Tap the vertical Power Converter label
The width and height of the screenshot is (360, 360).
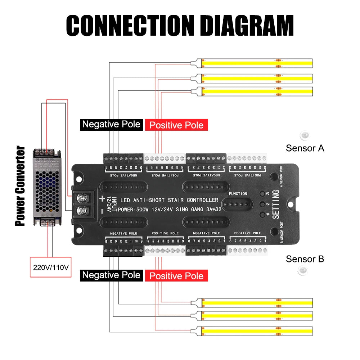click(20, 186)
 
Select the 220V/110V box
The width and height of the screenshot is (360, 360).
click(51, 267)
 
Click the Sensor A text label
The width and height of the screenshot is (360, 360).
click(305, 148)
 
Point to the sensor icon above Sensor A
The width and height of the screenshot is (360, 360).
click(304, 135)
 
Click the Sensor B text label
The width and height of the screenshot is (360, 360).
click(305, 259)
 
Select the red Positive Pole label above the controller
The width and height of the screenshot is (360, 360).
click(176, 125)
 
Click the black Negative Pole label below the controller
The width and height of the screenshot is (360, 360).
click(111, 275)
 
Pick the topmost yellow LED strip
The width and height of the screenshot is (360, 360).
click(256, 63)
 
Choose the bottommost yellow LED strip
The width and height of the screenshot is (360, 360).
click(256, 331)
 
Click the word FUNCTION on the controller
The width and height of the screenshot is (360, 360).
click(238, 194)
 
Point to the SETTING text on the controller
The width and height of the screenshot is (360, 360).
click(276, 204)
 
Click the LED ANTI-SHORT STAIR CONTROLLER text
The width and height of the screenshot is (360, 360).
click(169, 200)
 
